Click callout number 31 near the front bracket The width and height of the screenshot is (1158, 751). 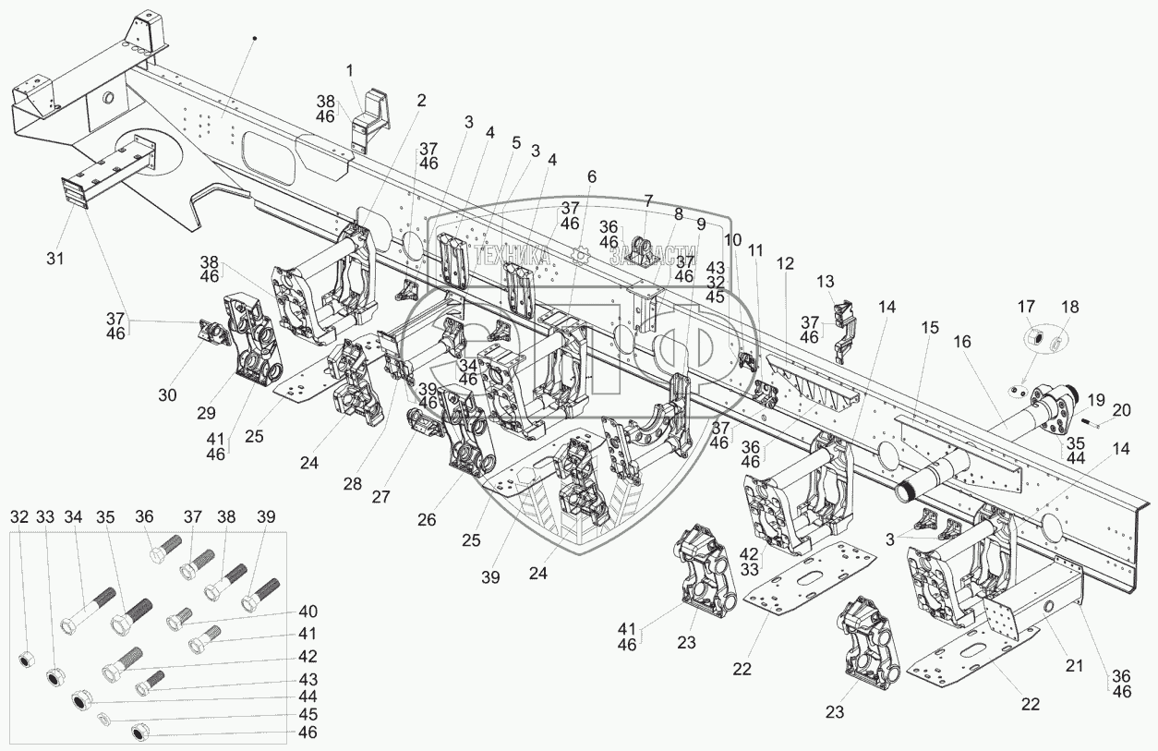pyautogui.click(x=55, y=260)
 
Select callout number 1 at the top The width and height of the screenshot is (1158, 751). pyautogui.click(x=350, y=70)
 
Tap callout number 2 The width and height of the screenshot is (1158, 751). pyautogui.click(x=421, y=102)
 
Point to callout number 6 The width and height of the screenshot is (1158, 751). pyautogui.click(x=591, y=176)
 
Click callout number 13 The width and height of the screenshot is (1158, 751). pyautogui.click(x=825, y=281)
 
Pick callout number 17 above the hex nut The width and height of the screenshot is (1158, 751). pyautogui.click(x=1026, y=307)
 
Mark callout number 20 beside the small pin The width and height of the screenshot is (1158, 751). pyautogui.click(x=1121, y=410)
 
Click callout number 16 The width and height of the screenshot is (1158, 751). pyautogui.click(x=963, y=342)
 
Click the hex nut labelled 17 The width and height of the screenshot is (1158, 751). pyautogui.click(x=1035, y=341)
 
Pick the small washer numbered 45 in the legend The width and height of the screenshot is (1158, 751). pyautogui.click(x=103, y=719)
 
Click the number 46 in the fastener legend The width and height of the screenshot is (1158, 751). pyautogui.click(x=308, y=733)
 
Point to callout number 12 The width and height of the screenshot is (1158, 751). pyautogui.click(x=785, y=264)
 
